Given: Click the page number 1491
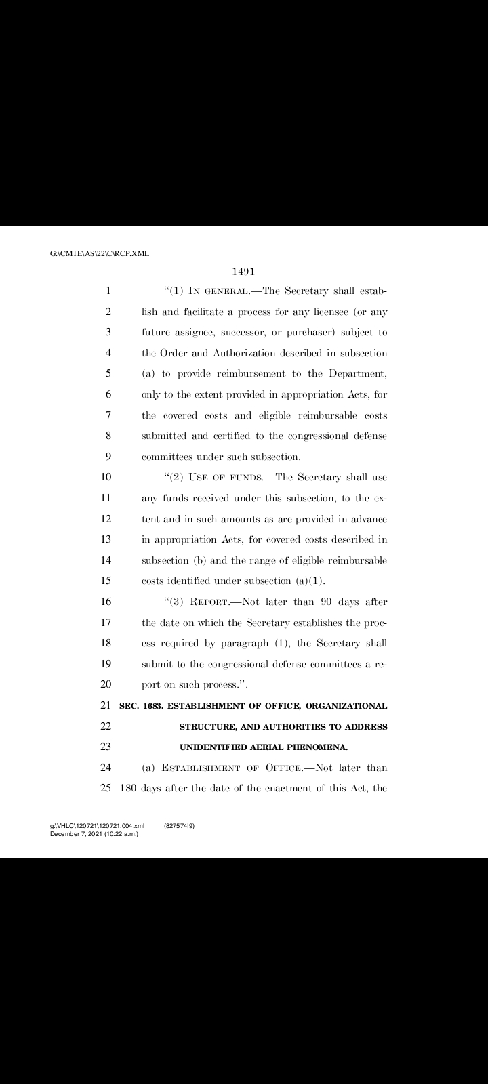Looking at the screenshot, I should click(x=243, y=272).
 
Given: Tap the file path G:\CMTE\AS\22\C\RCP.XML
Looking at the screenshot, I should click(x=100, y=254).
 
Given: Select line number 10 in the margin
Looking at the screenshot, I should click(x=106, y=476).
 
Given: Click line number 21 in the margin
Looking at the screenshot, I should click(x=106, y=706).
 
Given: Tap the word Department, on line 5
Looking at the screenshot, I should click(x=357, y=373).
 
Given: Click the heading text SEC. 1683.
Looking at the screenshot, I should click(x=141, y=706).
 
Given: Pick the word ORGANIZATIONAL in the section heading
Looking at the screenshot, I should click(x=347, y=706).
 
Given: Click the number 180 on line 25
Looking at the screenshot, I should click(x=128, y=789).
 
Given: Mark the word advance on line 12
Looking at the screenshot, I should click(x=367, y=518).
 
